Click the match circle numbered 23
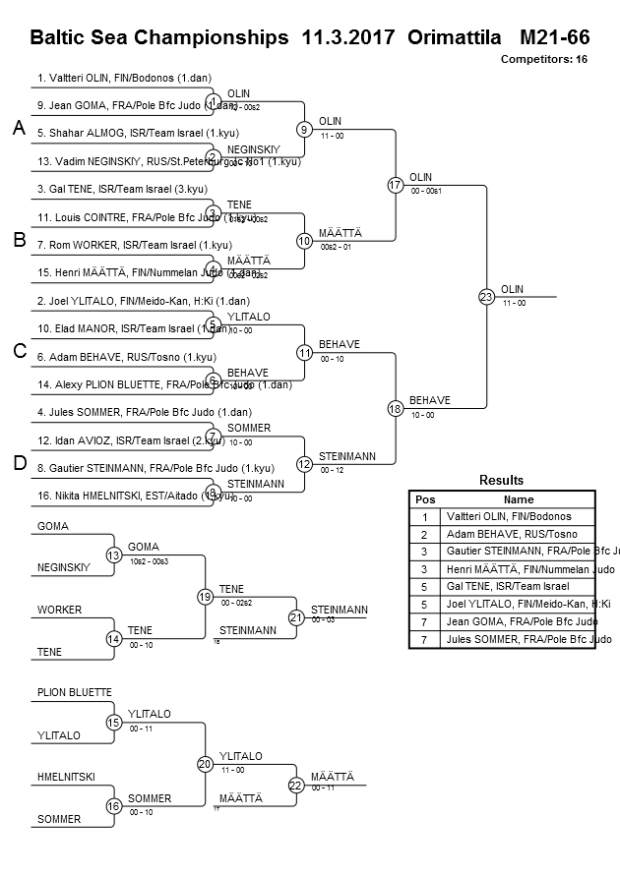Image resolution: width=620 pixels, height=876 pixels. tap(486, 297)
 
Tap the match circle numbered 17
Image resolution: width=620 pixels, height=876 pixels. tap(395, 185)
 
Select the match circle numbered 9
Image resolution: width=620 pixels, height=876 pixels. tap(305, 129)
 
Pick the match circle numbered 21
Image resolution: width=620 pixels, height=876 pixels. tap(296, 617)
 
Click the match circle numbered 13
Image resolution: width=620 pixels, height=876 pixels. tap(114, 555)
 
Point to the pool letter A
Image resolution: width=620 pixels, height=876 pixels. tap(18, 129)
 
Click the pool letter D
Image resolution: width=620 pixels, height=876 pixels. tap(18, 464)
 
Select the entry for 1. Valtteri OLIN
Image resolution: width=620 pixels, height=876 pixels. tap(125, 77)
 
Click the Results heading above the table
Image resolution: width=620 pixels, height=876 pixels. tap(501, 481)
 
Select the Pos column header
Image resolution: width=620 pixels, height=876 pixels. tap(424, 499)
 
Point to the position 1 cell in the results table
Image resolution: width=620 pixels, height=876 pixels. tap(424, 516)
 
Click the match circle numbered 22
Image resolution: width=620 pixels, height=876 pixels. tap(296, 785)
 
